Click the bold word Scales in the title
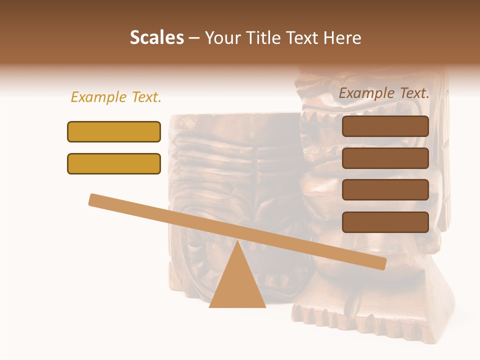click(156, 38)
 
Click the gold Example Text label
click(116, 97)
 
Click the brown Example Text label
click(384, 93)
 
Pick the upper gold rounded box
click(114, 131)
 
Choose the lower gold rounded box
click(114, 163)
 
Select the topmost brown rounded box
click(385, 126)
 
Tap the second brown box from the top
click(385, 158)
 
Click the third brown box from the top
click(385, 190)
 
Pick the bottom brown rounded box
click(385, 222)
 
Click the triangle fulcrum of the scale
click(237, 285)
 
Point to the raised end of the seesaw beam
click(93, 199)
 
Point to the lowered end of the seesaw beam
click(382, 263)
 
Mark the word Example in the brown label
click(367, 93)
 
